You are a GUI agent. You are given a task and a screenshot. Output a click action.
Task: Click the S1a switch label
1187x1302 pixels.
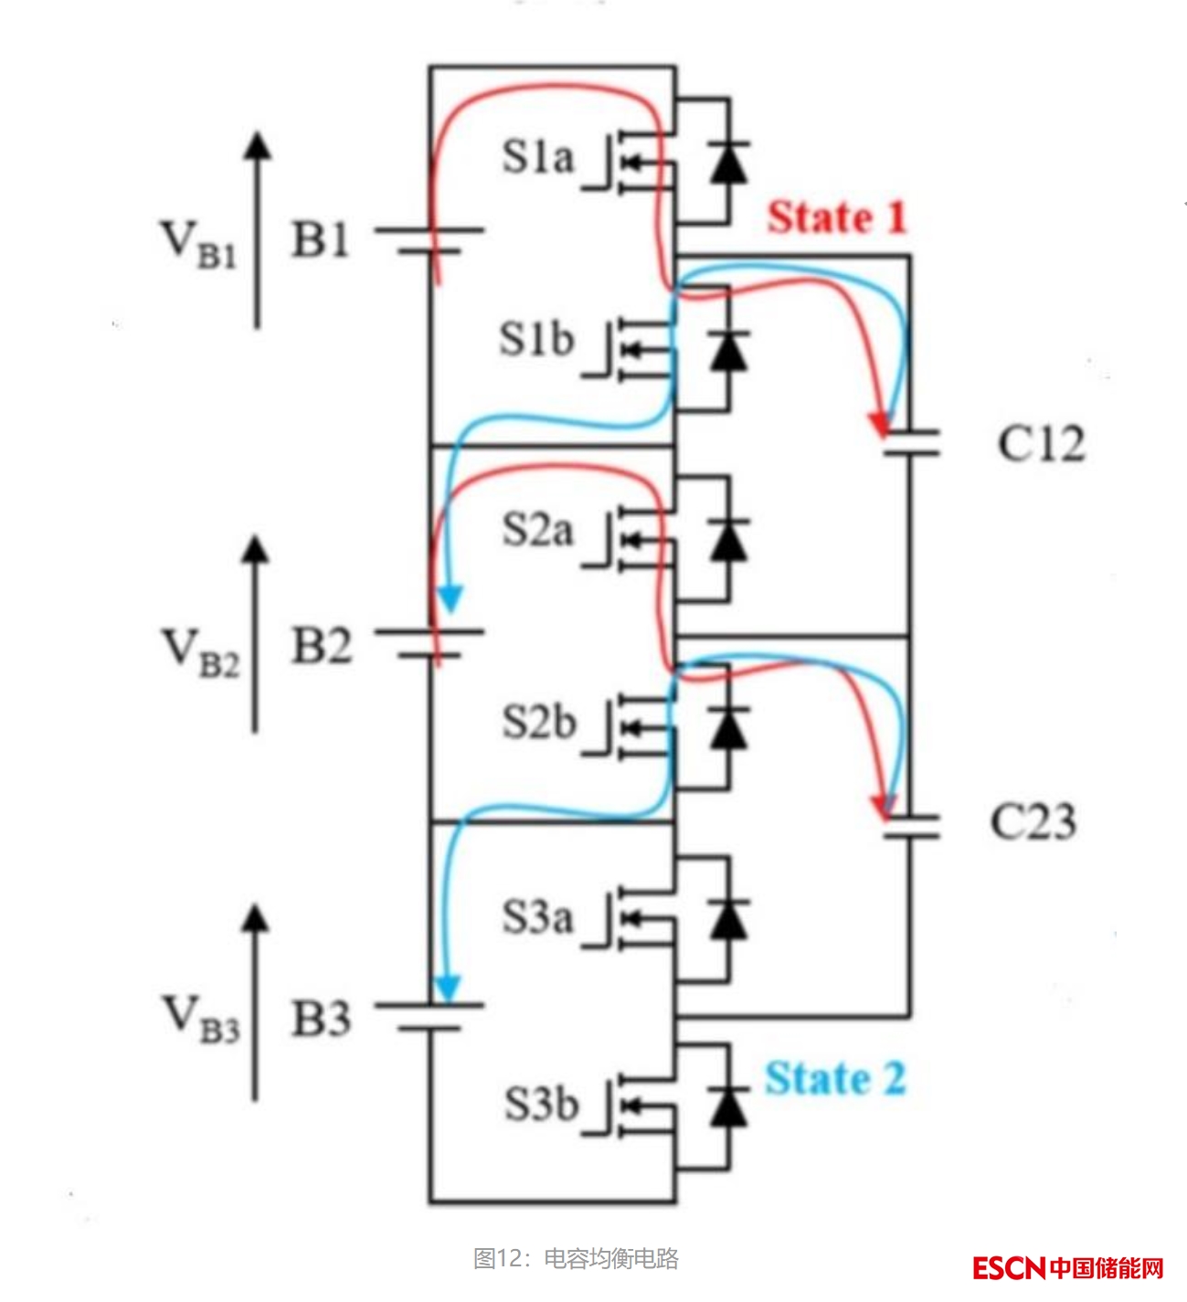click(537, 157)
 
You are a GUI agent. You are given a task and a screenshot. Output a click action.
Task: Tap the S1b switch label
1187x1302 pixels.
click(536, 340)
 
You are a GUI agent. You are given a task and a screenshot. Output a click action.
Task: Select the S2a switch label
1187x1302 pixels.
click(537, 530)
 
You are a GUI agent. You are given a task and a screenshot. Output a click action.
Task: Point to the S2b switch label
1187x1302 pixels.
click(538, 723)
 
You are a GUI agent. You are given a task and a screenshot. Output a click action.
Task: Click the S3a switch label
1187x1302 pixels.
click(537, 916)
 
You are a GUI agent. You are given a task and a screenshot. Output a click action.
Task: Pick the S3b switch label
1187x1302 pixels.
click(541, 1104)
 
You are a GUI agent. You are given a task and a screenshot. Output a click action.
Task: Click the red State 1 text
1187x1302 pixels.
click(835, 218)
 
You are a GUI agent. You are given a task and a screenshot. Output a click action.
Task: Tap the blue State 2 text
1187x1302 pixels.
click(834, 1079)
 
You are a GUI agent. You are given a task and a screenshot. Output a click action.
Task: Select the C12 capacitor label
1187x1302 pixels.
click(1040, 445)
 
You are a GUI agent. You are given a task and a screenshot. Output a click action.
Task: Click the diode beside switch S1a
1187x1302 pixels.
click(728, 164)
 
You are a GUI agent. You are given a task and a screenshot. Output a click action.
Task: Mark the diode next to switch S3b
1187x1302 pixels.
click(728, 1106)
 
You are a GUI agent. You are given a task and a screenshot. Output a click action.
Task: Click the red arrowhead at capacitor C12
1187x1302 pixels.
click(880, 424)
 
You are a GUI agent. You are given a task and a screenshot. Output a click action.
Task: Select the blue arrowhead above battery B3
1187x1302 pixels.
click(447, 988)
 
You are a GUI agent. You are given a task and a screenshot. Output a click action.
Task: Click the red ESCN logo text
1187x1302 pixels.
click(1008, 1268)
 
